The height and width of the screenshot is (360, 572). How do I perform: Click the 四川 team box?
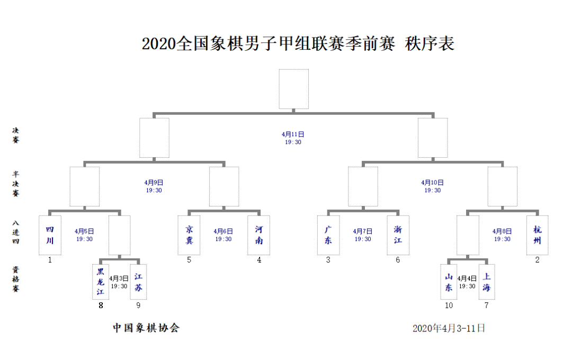click(x=50, y=235)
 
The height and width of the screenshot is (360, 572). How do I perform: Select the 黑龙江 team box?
click(x=100, y=282)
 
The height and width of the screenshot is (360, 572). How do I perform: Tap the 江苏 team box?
click(x=138, y=282)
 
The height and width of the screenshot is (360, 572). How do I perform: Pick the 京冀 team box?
click(x=189, y=235)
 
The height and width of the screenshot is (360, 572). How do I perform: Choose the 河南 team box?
click(x=258, y=235)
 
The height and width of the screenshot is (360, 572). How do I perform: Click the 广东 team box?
click(x=328, y=235)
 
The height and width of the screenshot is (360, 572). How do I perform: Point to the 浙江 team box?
click(x=398, y=235)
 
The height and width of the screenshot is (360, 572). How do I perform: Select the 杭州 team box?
click(x=538, y=235)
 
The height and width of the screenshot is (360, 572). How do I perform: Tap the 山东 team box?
click(x=449, y=282)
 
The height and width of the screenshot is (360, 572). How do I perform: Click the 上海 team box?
click(x=487, y=282)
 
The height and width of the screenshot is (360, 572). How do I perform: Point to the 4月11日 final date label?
click(x=293, y=134)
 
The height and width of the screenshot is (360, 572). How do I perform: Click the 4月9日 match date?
click(x=154, y=182)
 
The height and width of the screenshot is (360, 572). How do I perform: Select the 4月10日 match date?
click(x=432, y=182)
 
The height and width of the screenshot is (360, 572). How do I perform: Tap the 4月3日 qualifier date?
click(x=119, y=278)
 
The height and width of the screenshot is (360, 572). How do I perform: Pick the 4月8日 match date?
click(x=502, y=231)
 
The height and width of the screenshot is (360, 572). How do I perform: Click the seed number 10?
click(x=449, y=305)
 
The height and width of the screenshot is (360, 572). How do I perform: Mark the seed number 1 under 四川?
click(x=50, y=260)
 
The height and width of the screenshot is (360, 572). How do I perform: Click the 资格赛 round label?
click(x=16, y=279)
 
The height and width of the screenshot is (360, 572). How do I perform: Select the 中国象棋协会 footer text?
click(x=146, y=328)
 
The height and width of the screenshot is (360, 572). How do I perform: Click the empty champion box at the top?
click(x=293, y=89)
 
